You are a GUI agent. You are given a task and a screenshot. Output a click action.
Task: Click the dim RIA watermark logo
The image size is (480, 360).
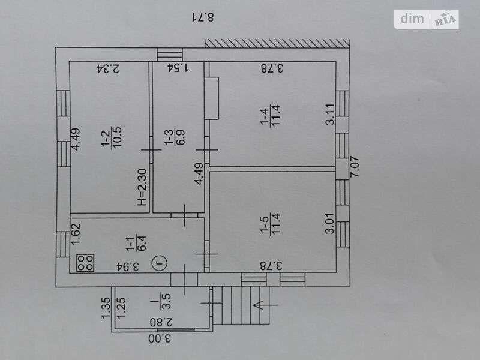427,19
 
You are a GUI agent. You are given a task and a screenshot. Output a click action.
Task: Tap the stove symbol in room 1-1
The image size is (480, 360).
85,262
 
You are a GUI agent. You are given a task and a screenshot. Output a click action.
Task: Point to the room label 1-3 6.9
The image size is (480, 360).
173,140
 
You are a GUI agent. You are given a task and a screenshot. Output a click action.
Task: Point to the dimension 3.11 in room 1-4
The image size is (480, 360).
329,114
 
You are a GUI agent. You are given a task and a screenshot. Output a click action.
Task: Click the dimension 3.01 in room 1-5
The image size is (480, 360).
329,223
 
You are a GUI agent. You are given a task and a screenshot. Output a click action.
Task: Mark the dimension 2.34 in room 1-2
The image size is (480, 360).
108,68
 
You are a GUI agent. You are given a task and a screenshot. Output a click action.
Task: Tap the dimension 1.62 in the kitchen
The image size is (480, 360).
76,233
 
